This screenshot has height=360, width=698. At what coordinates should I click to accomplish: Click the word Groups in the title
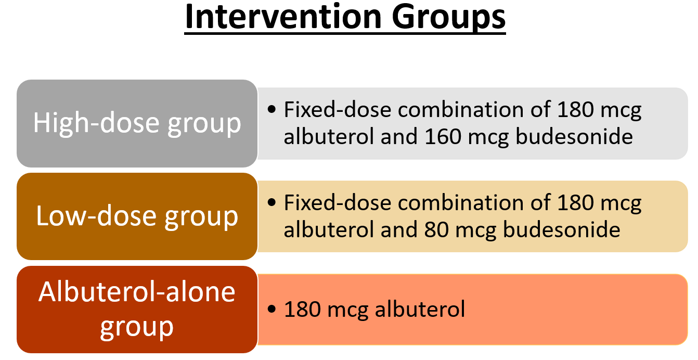[449, 19]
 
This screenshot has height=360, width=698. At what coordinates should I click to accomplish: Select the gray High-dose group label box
[137, 123]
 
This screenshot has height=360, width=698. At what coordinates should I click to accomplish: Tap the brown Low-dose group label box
[137, 216]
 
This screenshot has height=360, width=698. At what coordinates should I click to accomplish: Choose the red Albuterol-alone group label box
[137, 310]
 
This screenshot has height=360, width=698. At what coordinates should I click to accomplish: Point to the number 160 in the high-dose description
[443, 136]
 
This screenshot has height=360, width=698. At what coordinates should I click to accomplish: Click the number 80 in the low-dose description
[436, 229]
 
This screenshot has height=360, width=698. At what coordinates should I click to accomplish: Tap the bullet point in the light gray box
[272, 109]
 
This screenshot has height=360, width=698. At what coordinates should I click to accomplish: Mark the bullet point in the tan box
[272, 202]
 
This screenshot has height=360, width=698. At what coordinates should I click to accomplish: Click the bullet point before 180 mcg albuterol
[272, 309]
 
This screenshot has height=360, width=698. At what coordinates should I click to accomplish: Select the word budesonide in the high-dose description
[574, 136]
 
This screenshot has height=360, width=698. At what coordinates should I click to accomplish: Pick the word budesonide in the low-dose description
[562, 229]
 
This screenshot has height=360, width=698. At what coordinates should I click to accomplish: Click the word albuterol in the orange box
[420, 309]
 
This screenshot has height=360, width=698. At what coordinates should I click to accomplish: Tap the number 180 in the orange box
[303, 309]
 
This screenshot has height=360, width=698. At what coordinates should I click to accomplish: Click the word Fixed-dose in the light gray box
[338, 109]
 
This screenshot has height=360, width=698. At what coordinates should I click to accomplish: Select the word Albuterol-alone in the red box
[137, 292]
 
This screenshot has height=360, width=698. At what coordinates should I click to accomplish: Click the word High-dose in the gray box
[97, 123]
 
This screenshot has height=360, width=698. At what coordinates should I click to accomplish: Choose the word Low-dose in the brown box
[96, 216]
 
